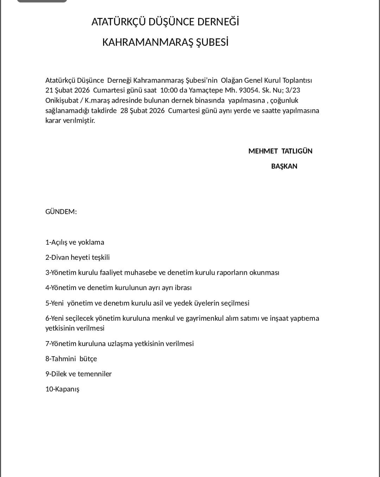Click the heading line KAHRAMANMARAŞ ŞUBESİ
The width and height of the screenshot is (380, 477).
coord(165,42)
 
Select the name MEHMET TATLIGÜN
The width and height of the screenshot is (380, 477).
coord(280,151)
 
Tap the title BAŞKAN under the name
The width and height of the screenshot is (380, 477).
coord(284,166)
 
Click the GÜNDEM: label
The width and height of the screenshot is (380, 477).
coord(61,212)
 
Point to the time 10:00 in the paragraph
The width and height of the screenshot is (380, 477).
coord(169,90)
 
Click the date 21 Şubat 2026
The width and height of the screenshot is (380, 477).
coord(68,90)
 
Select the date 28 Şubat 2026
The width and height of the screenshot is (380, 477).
coord(142,111)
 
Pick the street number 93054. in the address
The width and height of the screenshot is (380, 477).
coord(249,90)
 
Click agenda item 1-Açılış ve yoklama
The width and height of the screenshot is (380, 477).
coord(75,242)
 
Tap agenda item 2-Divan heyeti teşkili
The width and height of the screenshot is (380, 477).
coord(77,257)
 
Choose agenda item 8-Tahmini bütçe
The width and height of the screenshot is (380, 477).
coord(71,359)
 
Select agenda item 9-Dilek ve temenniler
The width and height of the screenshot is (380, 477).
coord(78,374)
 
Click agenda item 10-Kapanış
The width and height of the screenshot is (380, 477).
coord(62,389)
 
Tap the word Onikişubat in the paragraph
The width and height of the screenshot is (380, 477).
coord(62,100)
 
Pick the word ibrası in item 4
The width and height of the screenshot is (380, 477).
coord(182,288)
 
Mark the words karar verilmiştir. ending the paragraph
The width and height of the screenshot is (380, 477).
coord(70,120)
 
